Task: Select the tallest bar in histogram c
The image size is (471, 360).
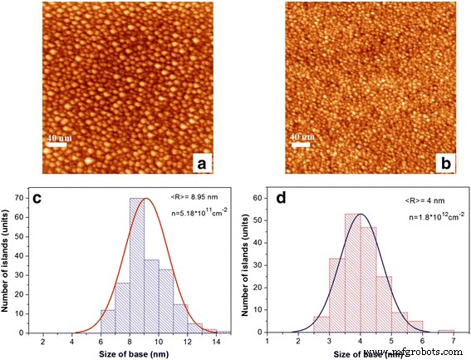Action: (x=137, y=266)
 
